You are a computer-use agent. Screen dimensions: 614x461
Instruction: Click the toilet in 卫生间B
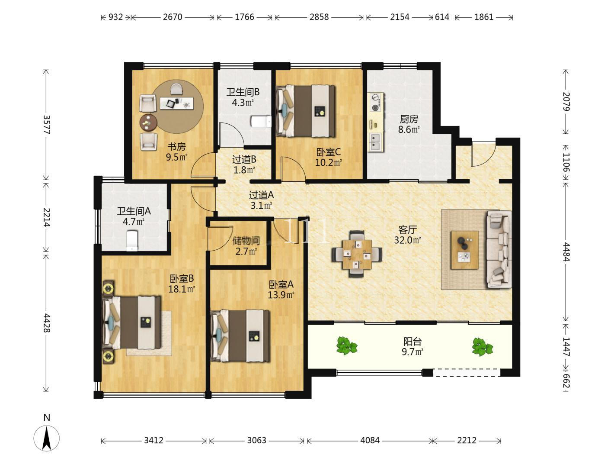point(261,121)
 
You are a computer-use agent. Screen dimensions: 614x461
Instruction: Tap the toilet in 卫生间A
point(132,240)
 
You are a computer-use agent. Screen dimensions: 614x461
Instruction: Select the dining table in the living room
point(357,254)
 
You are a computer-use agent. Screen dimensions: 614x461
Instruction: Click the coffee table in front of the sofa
point(465,250)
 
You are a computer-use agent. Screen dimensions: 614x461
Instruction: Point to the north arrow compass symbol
point(46,438)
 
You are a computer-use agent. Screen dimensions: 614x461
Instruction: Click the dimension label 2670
point(173,17)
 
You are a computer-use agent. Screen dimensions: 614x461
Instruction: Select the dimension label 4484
point(566,251)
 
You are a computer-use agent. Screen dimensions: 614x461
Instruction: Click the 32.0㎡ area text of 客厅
point(408,240)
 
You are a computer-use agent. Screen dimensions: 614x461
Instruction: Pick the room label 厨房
point(409,119)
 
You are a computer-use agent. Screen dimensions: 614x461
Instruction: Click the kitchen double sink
point(375,142)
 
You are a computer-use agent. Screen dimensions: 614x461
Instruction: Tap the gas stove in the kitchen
point(376,102)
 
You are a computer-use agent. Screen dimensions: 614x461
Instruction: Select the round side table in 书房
point(148,123)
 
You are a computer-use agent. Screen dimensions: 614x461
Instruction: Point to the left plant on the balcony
point(347,345)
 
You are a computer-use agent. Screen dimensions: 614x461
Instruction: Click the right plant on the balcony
point(482,347)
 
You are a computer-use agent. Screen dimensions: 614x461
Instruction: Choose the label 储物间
point(246,240)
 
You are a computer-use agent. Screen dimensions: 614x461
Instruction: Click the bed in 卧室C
point(306,111)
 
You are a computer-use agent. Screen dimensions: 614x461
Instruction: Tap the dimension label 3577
point(46,125)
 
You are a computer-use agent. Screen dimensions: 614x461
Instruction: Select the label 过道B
point(244,160)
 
